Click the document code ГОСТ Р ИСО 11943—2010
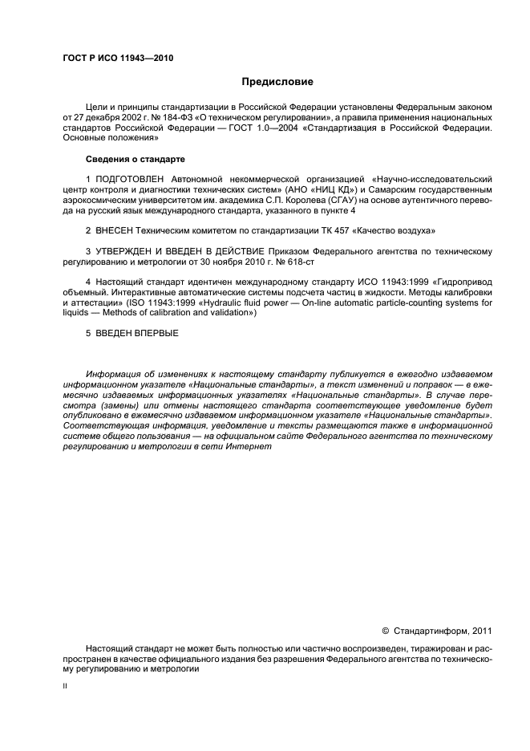118,59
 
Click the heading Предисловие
277,82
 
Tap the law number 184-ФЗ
165,117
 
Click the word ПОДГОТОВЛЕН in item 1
130,178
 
